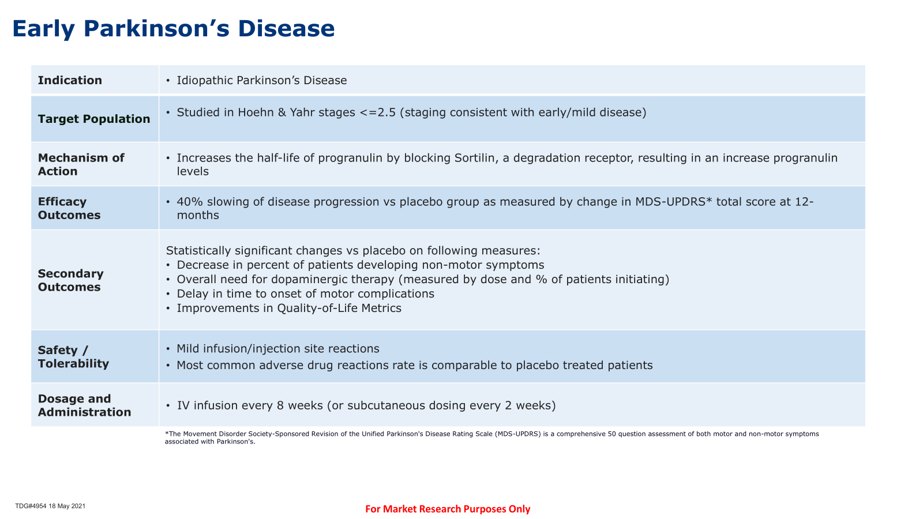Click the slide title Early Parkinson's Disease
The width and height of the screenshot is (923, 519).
click(174, 29)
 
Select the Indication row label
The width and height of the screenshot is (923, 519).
click(70, 80)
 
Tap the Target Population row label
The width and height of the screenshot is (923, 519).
click(94, 119)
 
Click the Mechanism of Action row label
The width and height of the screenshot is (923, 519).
click(81, 164)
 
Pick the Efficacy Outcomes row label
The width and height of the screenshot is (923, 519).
click(69, 208)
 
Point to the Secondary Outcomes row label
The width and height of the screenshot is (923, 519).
click(70, 280)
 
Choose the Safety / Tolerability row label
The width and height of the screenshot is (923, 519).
click(73, 357)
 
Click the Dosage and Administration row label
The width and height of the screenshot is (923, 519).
click(84, 405)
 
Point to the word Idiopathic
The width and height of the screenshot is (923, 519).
click(204, 80)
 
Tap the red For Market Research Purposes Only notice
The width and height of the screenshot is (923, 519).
click(448, 509)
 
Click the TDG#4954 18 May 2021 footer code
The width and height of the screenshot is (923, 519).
click(50, 506)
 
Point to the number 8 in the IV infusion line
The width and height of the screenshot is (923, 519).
click(280, 406)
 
